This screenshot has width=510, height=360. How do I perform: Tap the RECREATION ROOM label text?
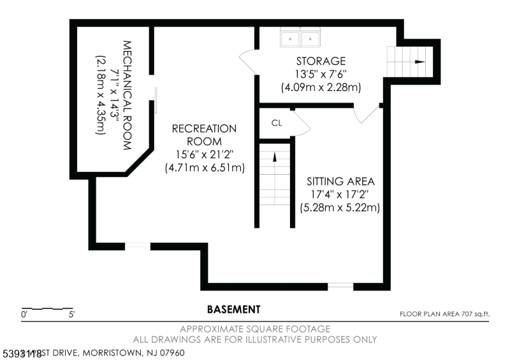pos(204,134)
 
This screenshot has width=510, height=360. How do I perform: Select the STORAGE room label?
pos(321,61)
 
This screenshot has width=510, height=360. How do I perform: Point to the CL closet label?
pos(277,123)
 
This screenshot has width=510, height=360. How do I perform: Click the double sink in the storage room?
pos(300,40)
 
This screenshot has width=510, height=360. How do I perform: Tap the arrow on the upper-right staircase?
pos(419,62)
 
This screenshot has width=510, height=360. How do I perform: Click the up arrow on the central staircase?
pos(275,157)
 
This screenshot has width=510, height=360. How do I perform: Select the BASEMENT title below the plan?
pos(233,310)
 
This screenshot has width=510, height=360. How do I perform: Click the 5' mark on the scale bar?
pos(72,314)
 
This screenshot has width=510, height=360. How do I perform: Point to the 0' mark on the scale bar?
pos(24,314)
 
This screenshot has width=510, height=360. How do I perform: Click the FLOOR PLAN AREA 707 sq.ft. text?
pos(444,313)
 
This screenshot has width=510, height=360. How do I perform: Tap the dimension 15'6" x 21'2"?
pos(204,154)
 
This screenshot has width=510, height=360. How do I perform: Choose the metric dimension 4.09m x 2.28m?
pos(321,86)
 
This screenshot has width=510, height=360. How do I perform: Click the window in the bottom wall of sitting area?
pos(340,286)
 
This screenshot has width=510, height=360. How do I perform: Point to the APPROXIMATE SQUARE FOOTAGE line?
pos(254,329)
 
